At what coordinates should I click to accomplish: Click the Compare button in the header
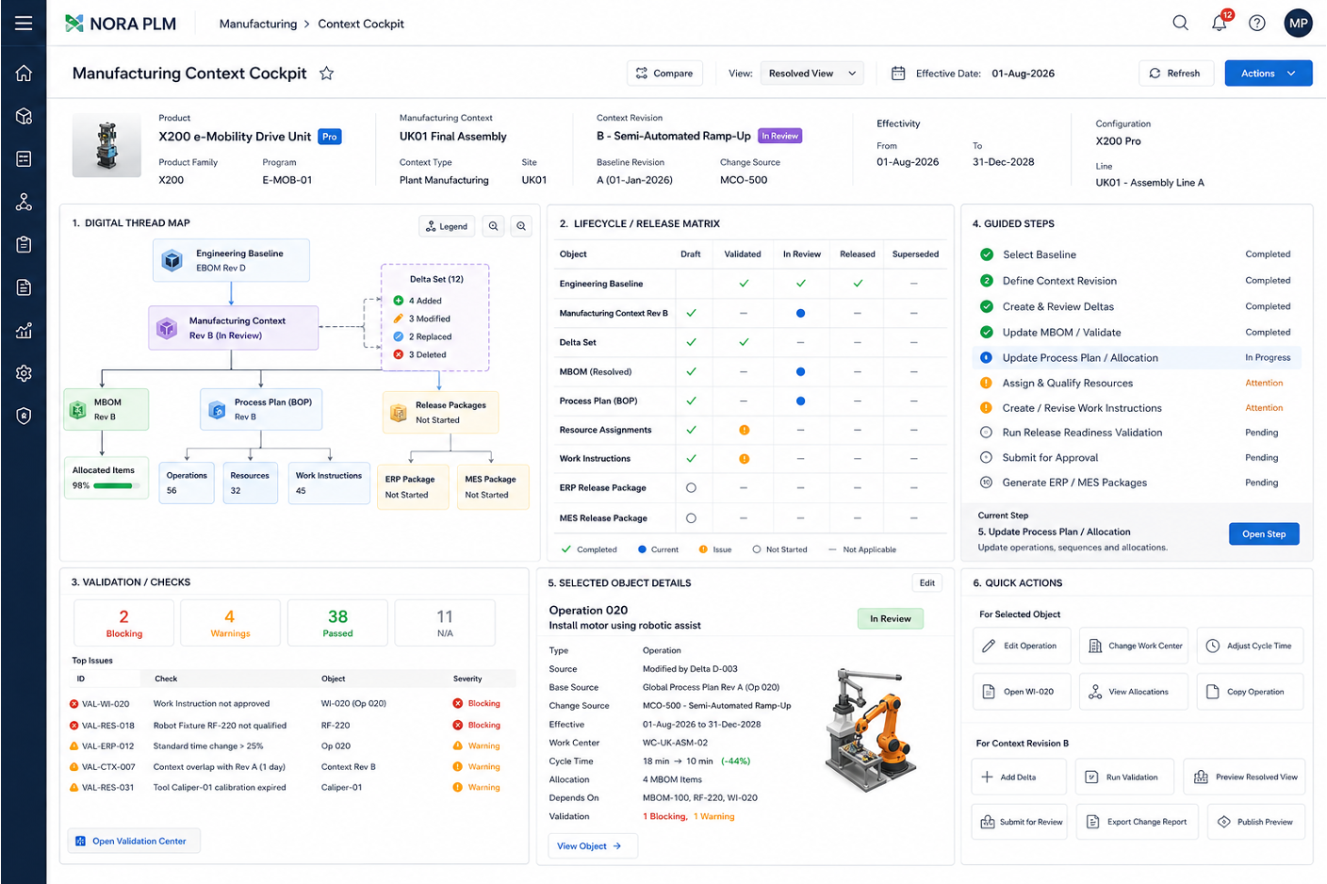[664, 74]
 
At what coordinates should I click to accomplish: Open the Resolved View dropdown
[811, 74]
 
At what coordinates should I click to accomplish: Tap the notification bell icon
[1219, 24]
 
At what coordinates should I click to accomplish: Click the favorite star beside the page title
[326, 74]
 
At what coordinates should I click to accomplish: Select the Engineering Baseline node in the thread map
[231, 260]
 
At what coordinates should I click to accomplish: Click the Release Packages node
[440, 413]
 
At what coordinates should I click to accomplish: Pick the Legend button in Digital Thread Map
[447, 226]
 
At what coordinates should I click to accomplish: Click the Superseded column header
[915, 254]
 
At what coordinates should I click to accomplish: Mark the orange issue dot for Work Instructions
[744, 459]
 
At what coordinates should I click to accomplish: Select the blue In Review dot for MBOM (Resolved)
[800, 372]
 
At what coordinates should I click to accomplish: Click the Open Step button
[1264, 533]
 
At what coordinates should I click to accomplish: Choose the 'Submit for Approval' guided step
[1050, 457]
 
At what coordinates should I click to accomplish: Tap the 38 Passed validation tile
[337, 623]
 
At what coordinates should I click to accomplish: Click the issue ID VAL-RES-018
[107, 726]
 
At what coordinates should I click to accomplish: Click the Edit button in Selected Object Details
[926, 583]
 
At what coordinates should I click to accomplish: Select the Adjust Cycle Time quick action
[1250, 646]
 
